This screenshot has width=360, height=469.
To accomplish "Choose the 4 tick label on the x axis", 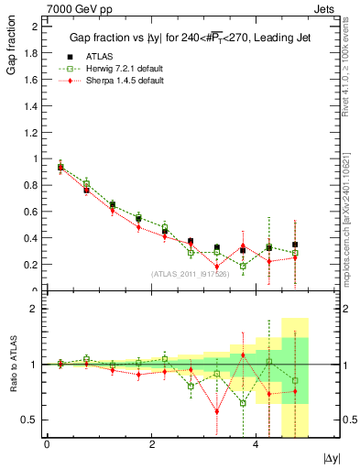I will click(x=256, y=444).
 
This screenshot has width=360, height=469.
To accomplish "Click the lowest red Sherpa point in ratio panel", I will click(x=217, y=410).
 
